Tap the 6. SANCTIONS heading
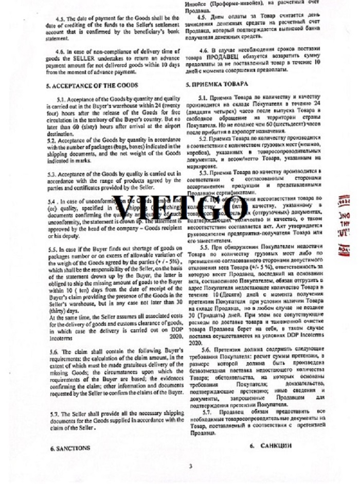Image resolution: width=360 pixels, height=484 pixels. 70,448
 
